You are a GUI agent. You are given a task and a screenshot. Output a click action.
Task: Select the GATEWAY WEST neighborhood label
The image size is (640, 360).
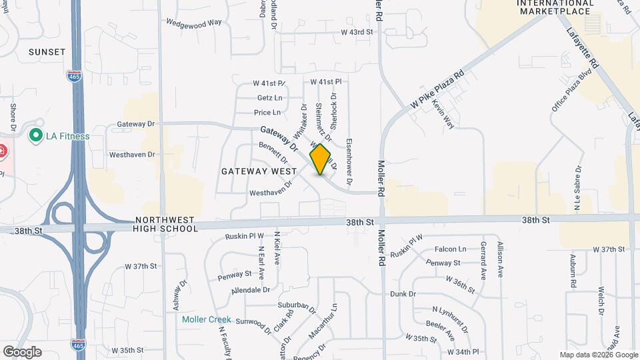259,171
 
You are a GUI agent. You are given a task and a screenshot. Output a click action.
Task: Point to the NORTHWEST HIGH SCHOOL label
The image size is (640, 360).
166,224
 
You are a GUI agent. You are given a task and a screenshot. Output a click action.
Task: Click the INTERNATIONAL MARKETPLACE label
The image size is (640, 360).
555,7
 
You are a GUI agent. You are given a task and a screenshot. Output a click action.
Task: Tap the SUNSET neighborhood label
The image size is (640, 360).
47,52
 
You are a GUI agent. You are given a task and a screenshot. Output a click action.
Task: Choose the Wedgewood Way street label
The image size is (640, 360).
194,22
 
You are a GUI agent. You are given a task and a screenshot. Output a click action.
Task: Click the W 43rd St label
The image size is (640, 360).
359,32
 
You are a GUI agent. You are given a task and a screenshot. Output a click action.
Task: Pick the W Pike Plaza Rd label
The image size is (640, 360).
437,91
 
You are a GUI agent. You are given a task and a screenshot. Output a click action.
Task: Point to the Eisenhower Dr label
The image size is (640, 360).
349,162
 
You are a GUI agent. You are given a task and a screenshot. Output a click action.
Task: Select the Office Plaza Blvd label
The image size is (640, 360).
562,92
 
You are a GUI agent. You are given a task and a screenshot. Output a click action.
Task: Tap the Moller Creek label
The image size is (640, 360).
207,319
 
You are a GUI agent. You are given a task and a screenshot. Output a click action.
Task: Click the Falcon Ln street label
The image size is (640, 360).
451,249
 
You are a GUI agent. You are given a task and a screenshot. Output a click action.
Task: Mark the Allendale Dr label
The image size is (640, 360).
251,290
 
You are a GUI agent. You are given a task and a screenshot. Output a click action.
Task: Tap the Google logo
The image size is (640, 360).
22,351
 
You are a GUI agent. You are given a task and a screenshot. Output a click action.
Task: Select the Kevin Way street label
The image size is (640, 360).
443,115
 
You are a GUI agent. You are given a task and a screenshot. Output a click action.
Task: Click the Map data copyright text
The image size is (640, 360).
597,355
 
